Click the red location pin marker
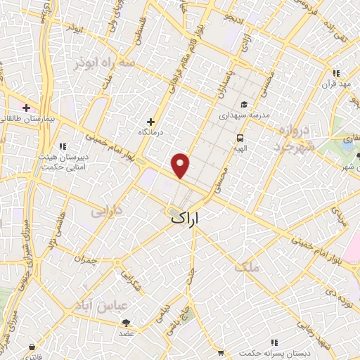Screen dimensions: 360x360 pyautogui.click(x=181, y=166)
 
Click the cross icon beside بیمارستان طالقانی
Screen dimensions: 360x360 pyautogui.click(x=27, y=108)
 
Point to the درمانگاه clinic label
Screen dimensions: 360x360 pyautogui.click(x=153, y=131)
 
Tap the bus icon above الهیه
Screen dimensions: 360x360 pyautogui.click(x=240, y=138)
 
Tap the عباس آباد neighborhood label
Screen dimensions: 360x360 pyautogui.click(x=101, y=307)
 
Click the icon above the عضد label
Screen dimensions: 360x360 pyautogui.click(x=126, y=323)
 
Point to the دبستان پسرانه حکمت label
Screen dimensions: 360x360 pyautogui.click(x=269, y=351)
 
